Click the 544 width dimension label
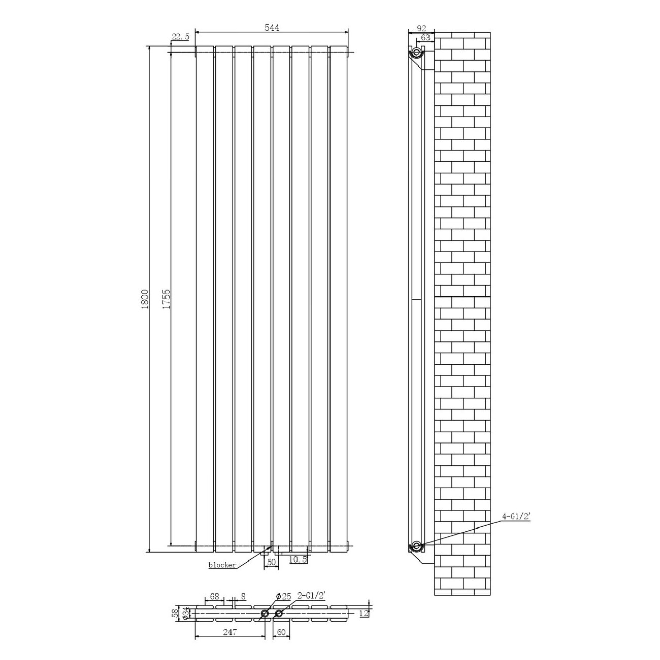pyautogui.click(x=272, y=28)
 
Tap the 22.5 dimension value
pyautogui.click(x=180, y=37)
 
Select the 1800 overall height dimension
pyautogui.click(x=145, y=299)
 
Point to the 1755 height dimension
pyautogui.click(x=166, y=299)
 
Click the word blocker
pyautogui.click(x=222, y=565)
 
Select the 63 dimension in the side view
pyautogui.click(x=425, y=37)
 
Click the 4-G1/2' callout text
pyautogui.click(x=516, y=526)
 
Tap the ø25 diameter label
pyautogui.click(x=283, y=597)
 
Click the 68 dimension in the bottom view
pyautogui.click(x=214, y=597)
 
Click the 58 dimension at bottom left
pyautogui.click(x=175, y=612)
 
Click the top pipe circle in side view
pyautogui.click(x=416, y=53)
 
